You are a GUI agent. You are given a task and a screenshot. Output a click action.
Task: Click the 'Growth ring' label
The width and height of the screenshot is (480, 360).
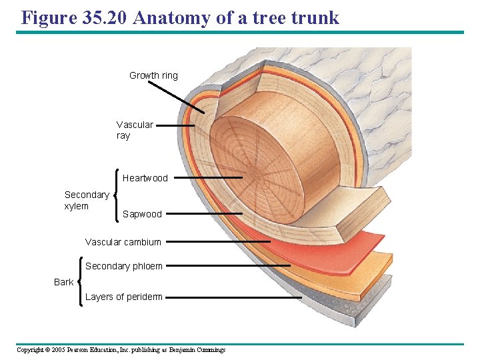click(x=153, y=75)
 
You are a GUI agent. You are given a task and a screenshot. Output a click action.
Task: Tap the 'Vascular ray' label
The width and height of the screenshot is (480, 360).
click(x=134, y=130)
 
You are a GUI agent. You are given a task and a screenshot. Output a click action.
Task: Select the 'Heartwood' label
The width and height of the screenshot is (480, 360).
click(x=145, y=178)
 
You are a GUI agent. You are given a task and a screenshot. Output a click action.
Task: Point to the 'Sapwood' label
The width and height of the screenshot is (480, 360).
click(x=142, y=214)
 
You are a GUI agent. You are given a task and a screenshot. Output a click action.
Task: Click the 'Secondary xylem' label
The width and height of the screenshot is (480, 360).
click(x=87, y=200)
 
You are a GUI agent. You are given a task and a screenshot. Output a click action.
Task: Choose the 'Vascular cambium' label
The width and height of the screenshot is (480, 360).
click(x=123, y=242)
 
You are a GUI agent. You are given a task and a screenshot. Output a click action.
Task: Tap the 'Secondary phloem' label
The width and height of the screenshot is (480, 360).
click(x=123, y=266)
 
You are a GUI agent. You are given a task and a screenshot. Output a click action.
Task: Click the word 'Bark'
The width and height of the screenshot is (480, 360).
click(x=64, y=282)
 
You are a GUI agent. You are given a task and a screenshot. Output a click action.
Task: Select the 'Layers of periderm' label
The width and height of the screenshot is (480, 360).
click(x=123, y=297)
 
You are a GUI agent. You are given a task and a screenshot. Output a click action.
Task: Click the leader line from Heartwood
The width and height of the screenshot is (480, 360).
click(x=208, y=178)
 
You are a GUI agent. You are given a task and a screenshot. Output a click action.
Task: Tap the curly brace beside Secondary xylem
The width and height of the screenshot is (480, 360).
click(x=117, y=195)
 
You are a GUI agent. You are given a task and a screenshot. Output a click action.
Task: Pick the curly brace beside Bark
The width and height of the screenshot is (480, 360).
click(x=80, y=281)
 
